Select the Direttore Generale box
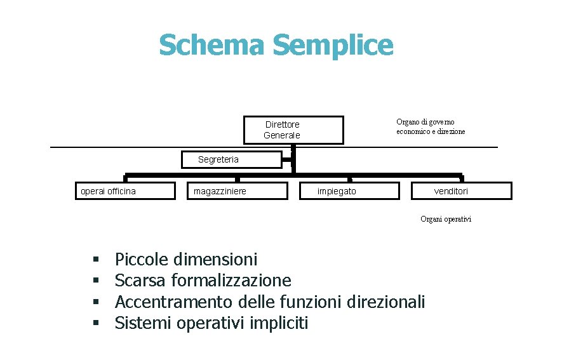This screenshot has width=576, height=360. point(293,130)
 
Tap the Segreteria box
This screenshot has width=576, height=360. point(231,159)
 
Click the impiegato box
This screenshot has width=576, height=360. point(349,191)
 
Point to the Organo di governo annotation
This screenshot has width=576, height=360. point(430,126)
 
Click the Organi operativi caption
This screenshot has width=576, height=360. point(445,219)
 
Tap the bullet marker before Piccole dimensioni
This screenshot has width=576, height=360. point(96,260)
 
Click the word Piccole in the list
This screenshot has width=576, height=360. point(142,260)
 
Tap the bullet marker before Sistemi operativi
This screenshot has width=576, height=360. point(96,323)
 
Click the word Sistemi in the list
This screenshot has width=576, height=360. point(144,323)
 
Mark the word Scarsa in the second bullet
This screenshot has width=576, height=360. point(140,281)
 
